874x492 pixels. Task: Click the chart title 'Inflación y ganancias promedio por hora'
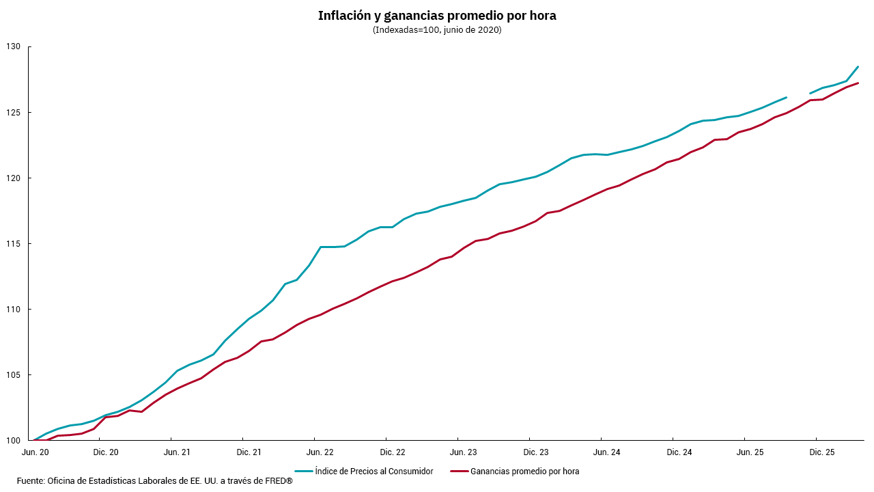pos(437,16)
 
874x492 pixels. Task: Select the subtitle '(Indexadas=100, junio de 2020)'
pos(437,30)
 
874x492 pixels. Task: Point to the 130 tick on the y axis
pos(14,46)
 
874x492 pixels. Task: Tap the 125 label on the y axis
pos(14,112)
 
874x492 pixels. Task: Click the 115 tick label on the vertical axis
pos(14,244)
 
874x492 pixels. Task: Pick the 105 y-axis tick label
pos(14,375)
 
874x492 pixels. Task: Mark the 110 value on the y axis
pos(14,310)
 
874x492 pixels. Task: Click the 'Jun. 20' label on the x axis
pos(35,452)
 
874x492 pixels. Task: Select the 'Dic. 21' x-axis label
pos(249,452)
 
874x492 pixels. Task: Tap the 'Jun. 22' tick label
pos(320,452)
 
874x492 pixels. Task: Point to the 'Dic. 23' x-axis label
pos(535,452)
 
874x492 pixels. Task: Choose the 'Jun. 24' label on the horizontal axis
pos(607,452)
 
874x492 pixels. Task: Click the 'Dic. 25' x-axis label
pos(821,452)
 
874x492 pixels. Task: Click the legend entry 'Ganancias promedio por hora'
pos(524,471)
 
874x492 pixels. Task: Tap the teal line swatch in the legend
pos(304,471)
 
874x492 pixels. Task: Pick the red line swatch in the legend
pos(460,471)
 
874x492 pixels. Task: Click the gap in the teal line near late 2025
pos(798,95)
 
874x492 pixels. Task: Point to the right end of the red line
pos(858,83)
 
